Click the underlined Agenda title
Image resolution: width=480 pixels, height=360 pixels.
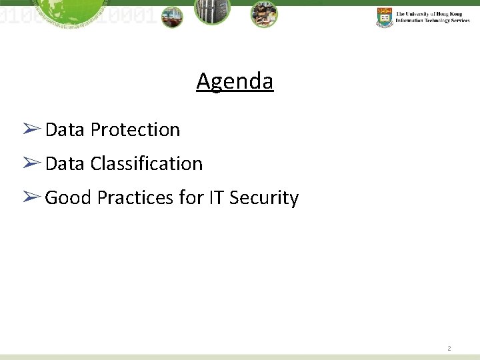(235, 81)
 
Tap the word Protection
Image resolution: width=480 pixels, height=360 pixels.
(135, 129)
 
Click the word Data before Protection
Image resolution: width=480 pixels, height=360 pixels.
(65, 129)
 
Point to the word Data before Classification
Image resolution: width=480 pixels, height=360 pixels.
(65, 163)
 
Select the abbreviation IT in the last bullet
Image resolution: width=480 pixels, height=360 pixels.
(216, 198)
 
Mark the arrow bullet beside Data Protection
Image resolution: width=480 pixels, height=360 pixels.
(31, 129)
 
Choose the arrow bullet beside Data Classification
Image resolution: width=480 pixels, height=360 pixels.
(31, 163)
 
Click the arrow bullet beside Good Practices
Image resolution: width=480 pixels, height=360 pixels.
(31, 197)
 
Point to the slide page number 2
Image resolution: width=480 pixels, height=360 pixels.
(449, 348)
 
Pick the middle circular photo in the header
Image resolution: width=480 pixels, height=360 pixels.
(212, 12)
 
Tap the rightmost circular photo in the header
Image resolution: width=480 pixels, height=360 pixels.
(264, 14)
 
